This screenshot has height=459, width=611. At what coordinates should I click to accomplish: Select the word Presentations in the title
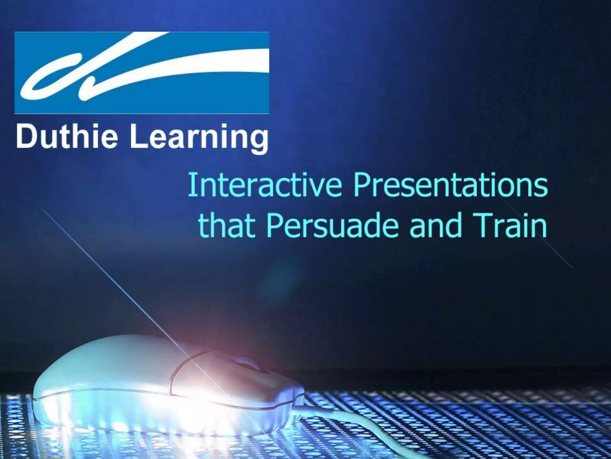click(x=450, y=187)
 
